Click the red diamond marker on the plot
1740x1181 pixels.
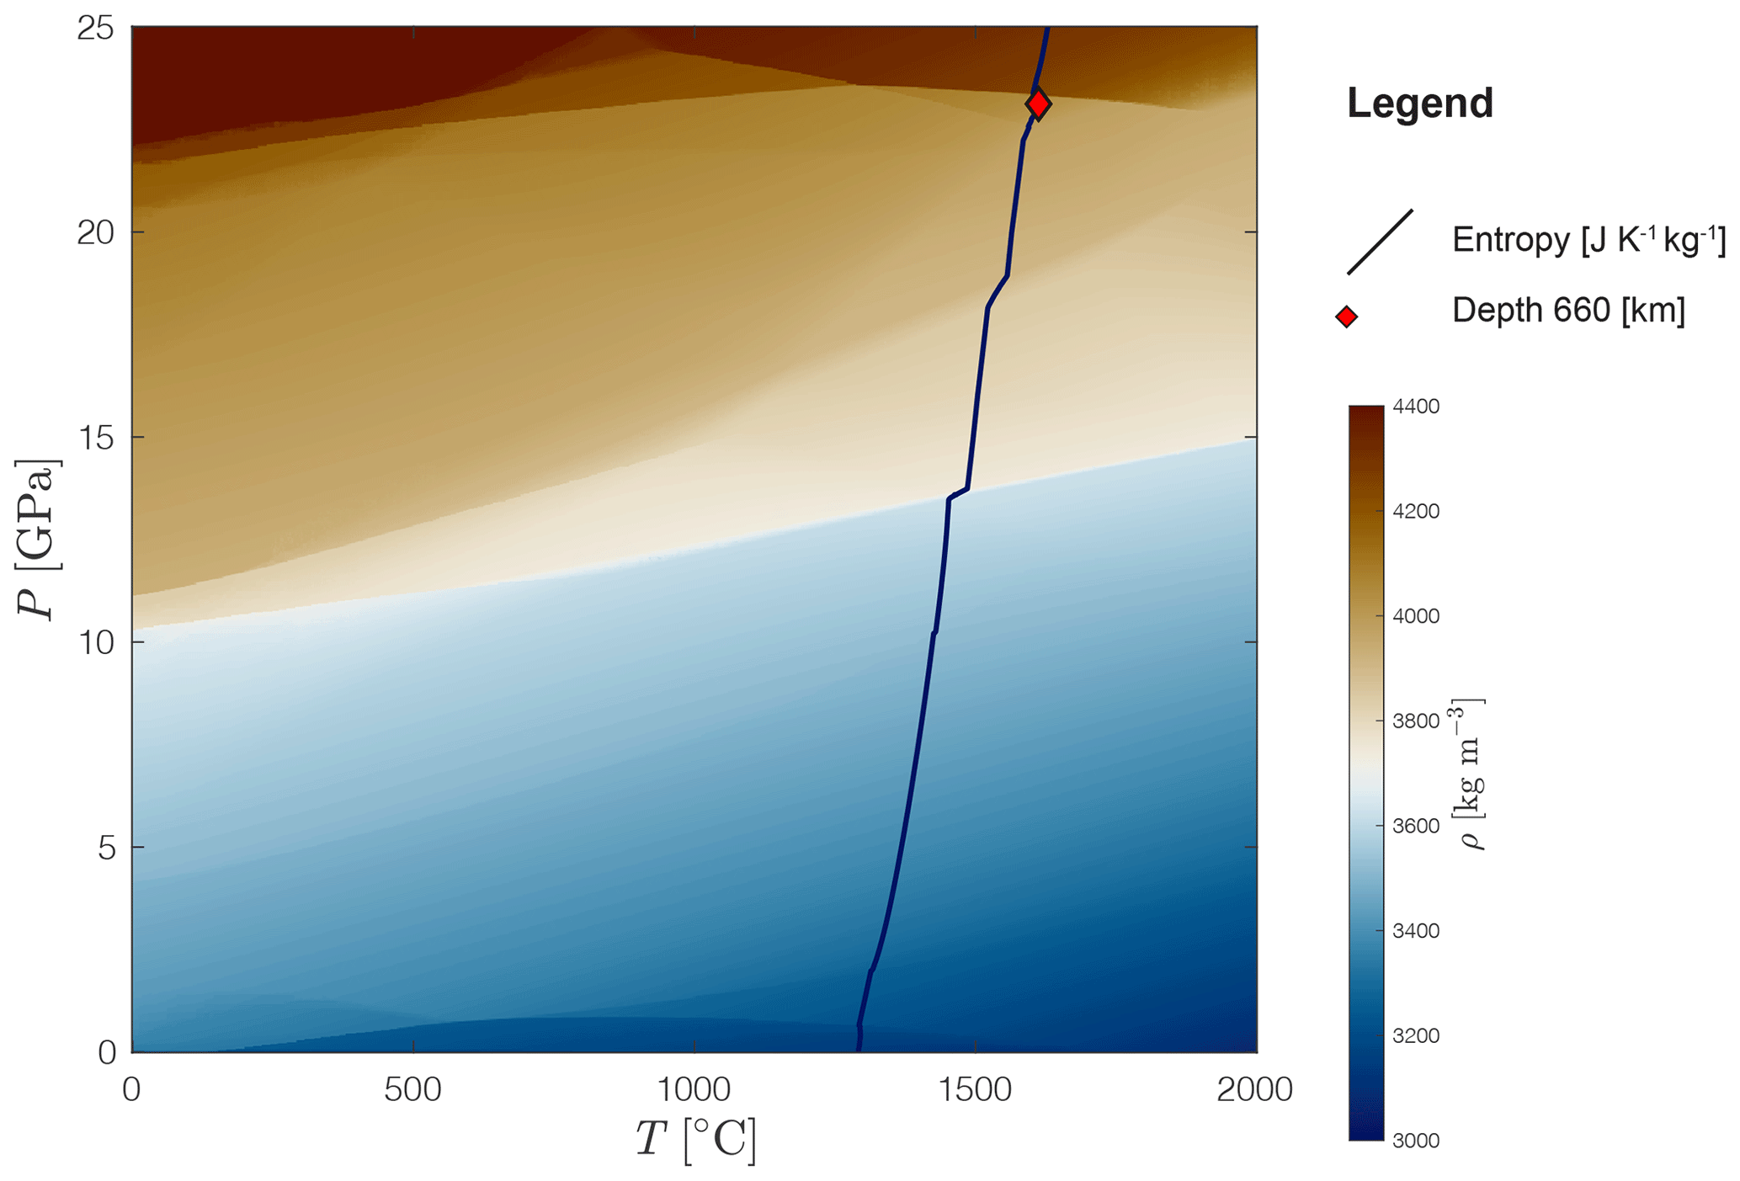(1038, 104)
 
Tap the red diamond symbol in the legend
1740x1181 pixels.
(1346, 317)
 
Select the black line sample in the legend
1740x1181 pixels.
(1380, 242)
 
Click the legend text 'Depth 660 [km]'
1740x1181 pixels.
(1568, 311)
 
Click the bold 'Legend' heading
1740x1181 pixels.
(1419, 104)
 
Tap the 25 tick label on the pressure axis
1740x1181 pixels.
(95, 29)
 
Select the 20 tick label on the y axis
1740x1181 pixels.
(95, 232)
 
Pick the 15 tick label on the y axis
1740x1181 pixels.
(95, 438)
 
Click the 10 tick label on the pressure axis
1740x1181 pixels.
(95, 642)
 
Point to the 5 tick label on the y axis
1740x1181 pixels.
(106, 848)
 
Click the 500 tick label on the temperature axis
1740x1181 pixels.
(412, 1090)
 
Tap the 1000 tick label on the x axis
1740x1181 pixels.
(694, 1090)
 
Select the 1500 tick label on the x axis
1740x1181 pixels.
(975, 1090)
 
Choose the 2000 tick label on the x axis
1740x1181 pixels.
(1255, 1090)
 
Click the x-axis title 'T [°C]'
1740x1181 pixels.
(695, 1140)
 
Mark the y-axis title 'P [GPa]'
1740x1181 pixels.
(38, 539)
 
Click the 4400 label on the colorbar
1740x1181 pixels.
(1416, 407)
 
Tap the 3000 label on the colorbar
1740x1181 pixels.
(1416, 1141)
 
